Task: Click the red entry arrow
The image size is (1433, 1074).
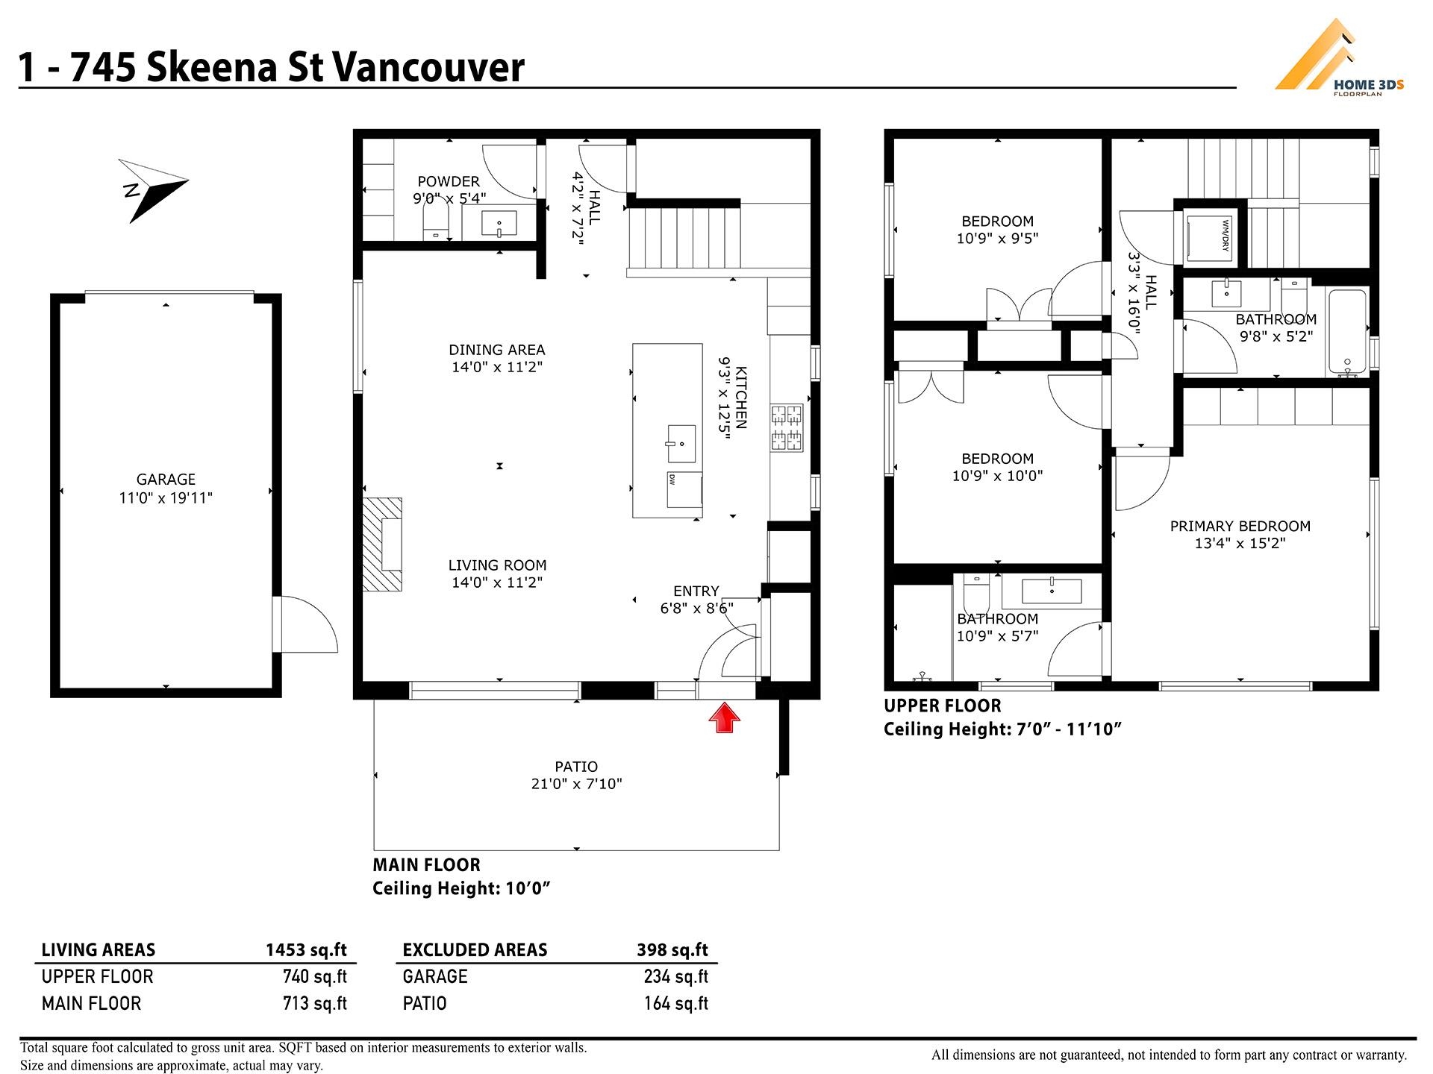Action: click(724, 719)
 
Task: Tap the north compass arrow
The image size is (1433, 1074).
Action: click(154, 190)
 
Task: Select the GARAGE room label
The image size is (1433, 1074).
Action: click(166, 480)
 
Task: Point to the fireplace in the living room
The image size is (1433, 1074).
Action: click(383, 544)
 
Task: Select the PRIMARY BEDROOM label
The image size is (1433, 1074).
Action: click(1240, 526)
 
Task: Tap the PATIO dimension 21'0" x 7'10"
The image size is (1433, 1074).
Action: click(576, 784)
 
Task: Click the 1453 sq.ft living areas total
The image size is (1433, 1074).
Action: click(306, 949)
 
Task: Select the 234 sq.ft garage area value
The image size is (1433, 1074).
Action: click(676, 976)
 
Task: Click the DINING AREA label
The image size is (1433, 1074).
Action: click(497, 350)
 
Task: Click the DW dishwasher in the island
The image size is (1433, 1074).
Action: click(684, 489)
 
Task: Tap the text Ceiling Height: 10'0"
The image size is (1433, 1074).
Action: click(461, 888)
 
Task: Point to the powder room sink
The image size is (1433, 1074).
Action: click(499, 223)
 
